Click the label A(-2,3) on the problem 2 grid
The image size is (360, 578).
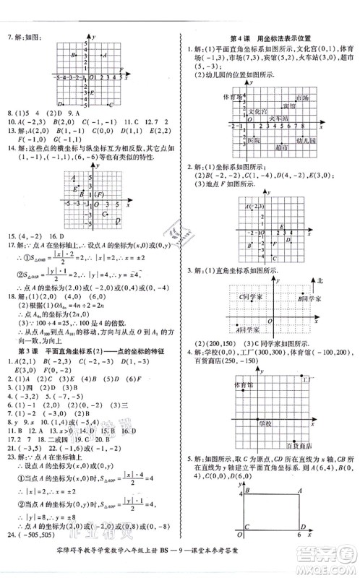point(255,207)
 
